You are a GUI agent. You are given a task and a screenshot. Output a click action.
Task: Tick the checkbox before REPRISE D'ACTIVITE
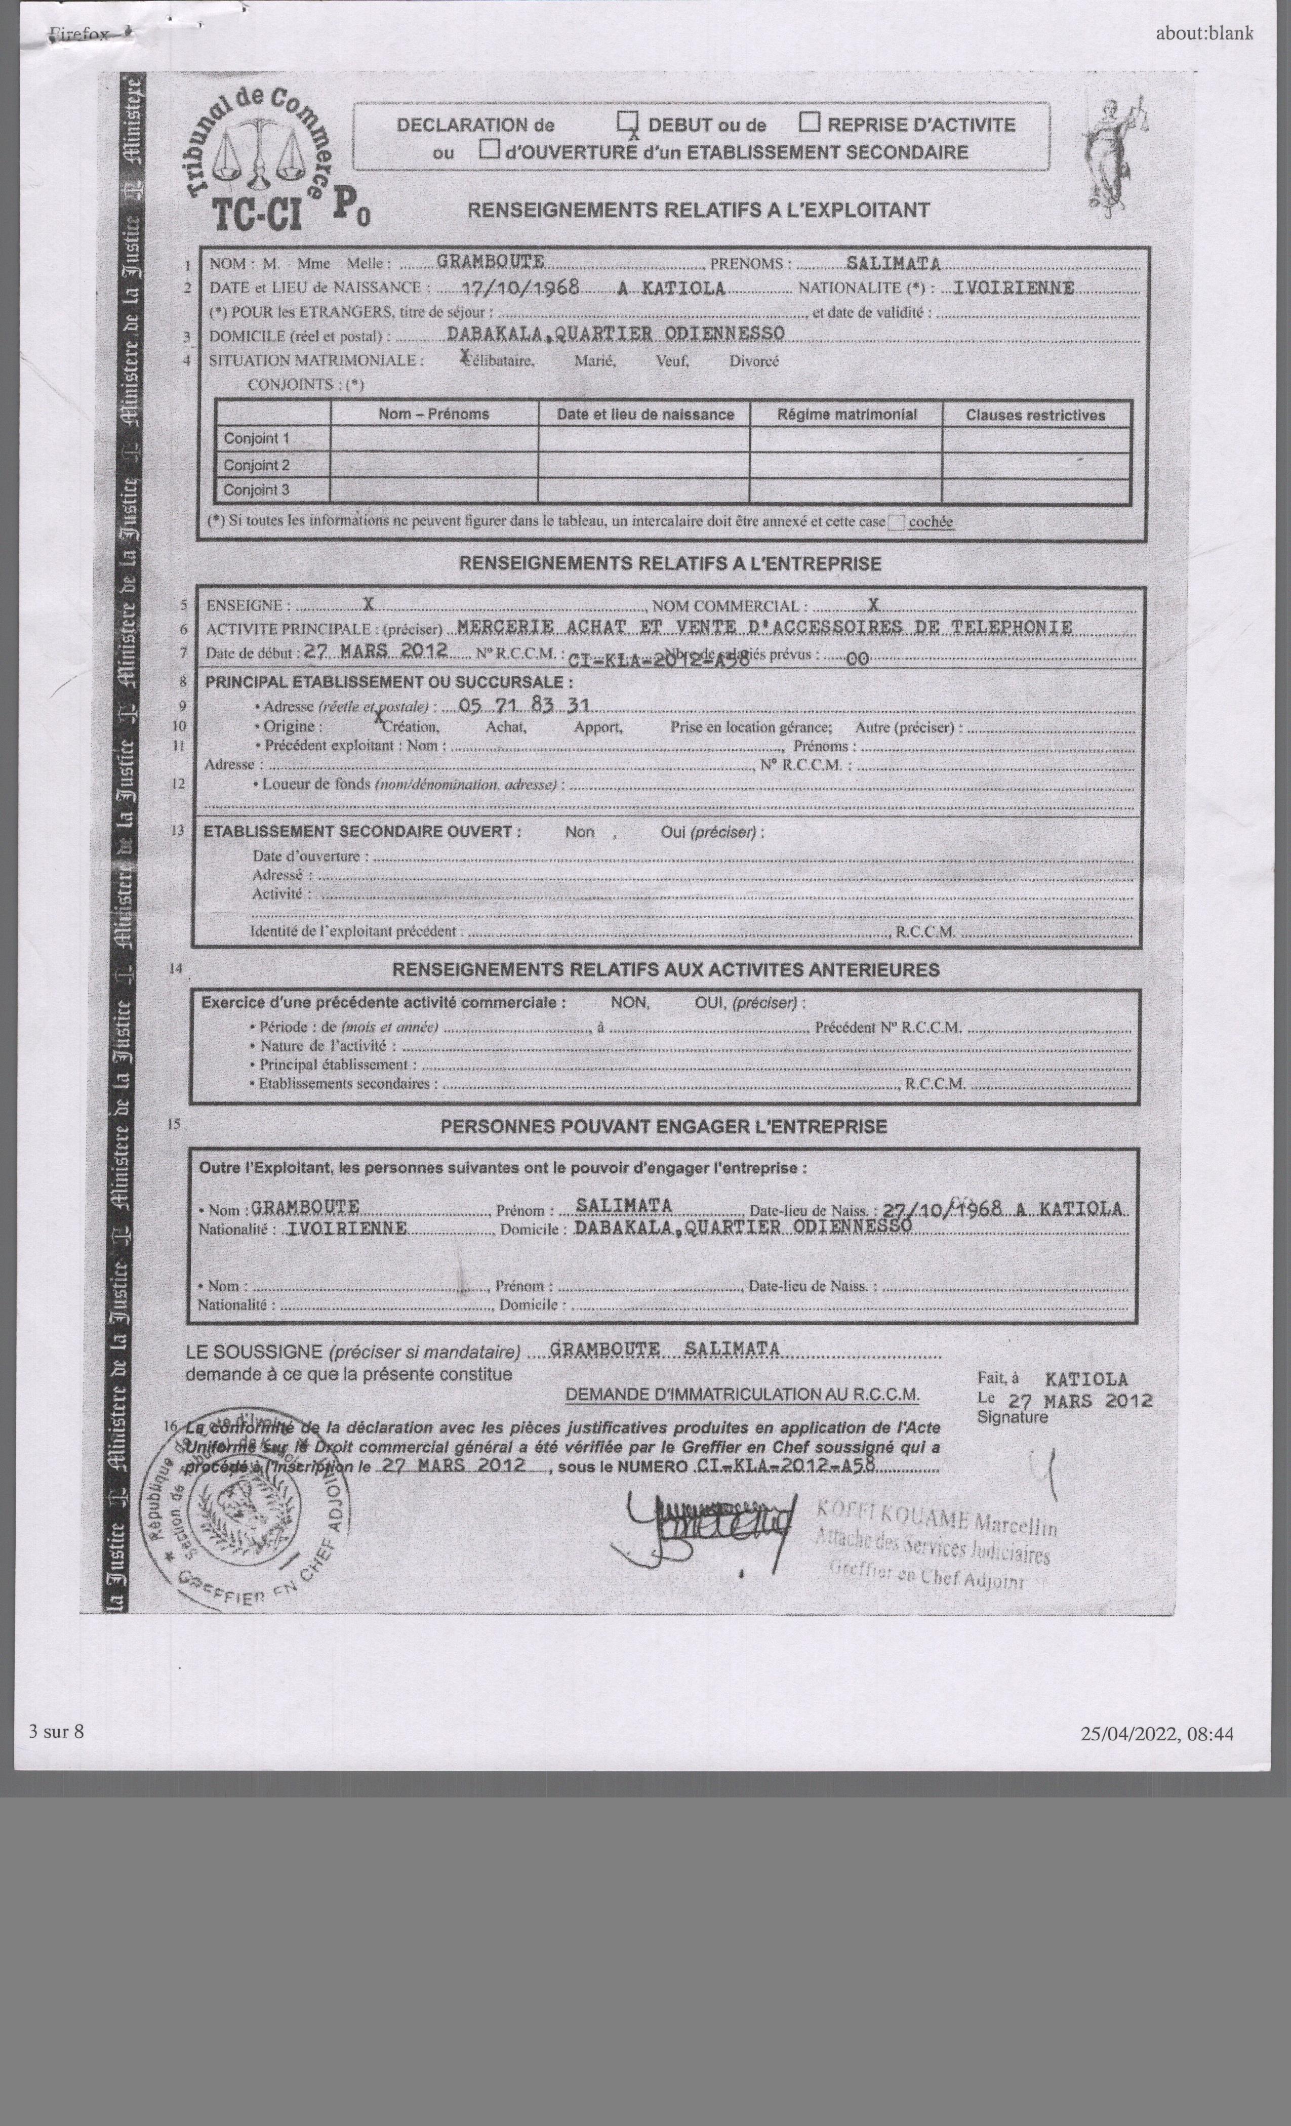click(810, 122)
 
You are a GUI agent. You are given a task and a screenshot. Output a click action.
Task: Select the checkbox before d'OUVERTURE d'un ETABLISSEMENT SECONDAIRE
click(489, 150)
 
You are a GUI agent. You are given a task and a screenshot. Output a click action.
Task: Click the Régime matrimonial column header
click(846, 414)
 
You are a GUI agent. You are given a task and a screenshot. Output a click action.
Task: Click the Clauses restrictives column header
click(1035, 415)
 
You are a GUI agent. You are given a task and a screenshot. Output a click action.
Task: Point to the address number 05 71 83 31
click(523, 705)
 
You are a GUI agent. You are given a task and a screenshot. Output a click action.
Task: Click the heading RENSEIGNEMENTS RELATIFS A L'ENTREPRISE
click(670, 564)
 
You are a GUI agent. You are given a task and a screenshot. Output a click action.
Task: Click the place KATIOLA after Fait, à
click(1085, 1379)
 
